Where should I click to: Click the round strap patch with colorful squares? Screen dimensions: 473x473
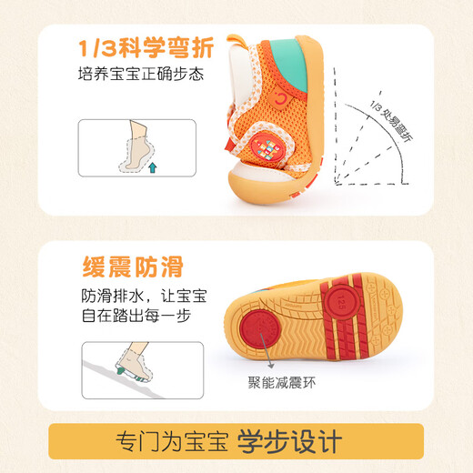[x=271, y=148]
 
